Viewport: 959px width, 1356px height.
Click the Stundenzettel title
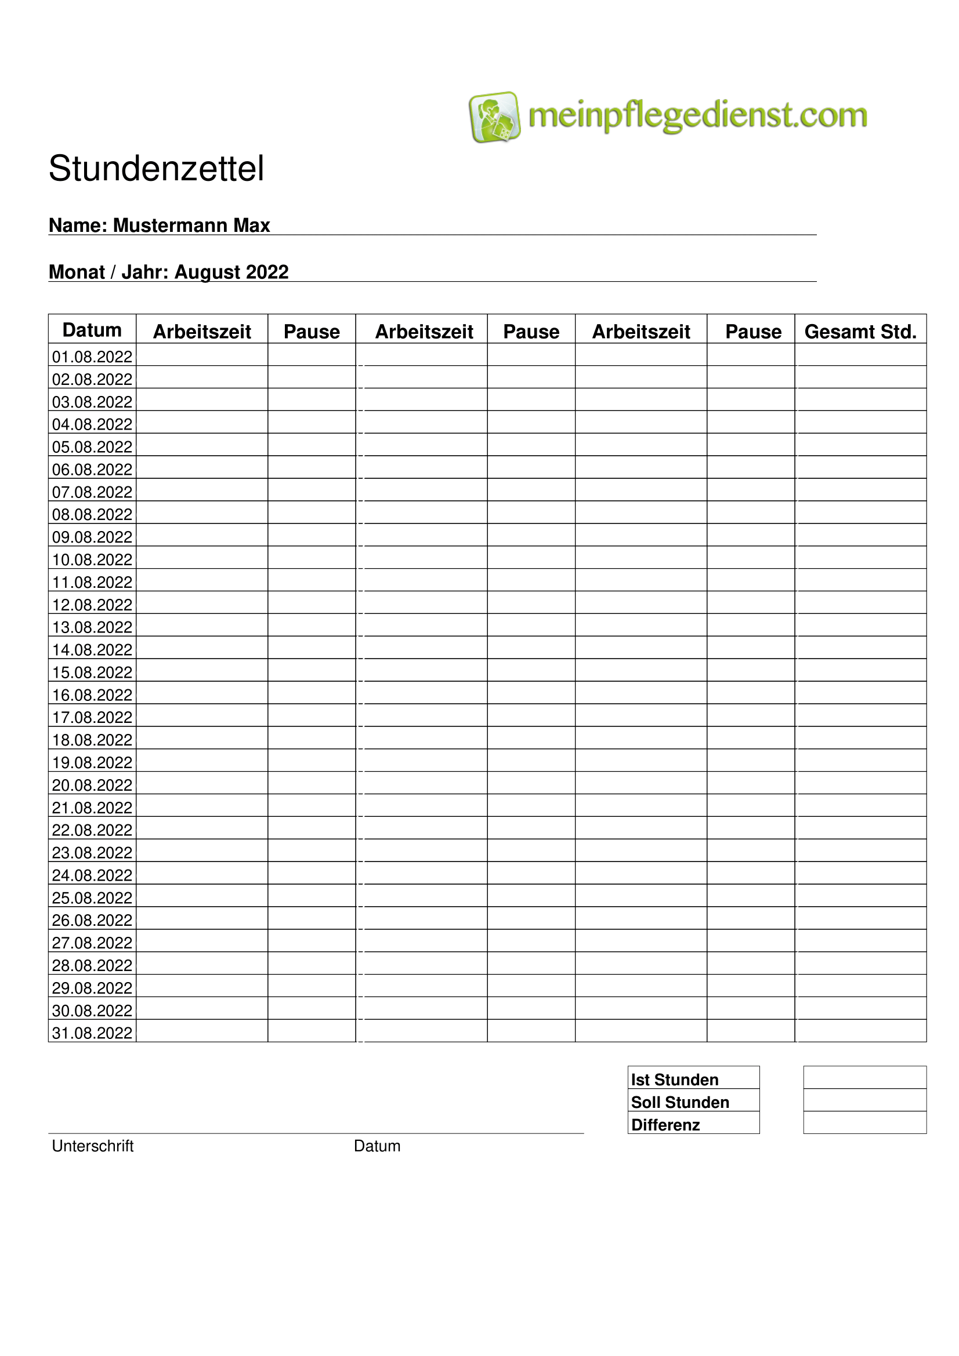pos(156,169)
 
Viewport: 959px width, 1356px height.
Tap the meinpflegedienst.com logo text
pos(697,115)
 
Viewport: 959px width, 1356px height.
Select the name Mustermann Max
pos(191,225)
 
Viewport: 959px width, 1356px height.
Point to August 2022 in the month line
pos(231,272)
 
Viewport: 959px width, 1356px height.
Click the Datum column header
pos(92,329)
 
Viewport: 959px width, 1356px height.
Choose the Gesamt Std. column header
pos(860,332)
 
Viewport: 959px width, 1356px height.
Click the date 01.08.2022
pos(92,357)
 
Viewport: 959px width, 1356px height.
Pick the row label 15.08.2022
pos(92,672)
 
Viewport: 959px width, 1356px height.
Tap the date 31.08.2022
pos(92,1033)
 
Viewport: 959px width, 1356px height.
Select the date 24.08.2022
pos(92,875)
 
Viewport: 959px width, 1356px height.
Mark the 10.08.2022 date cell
pos(92,559)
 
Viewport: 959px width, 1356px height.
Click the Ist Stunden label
pos(674,1079)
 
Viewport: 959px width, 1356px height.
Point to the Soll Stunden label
pos(679,1102)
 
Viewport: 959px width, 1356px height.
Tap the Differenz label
pos(665,1125)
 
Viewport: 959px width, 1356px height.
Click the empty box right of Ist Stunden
pos(864,1077)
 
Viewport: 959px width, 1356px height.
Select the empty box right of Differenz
pos(864,1122)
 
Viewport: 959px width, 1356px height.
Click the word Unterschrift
pos(93,1146)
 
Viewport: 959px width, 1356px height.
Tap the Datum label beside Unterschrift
pos(377,1146)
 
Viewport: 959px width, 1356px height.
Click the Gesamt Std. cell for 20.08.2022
pos(860,783)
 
